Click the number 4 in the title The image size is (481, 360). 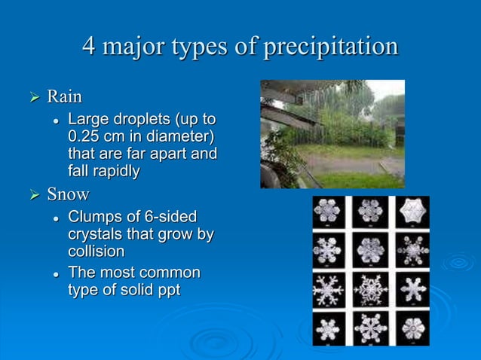pos(90,47)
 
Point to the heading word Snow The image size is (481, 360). pos(68,194)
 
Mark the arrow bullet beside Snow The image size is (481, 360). pos(32,195)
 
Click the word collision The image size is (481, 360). pos(96,252)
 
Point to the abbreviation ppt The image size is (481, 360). pos(164,289)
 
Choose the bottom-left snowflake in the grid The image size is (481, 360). pos(329,328)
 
